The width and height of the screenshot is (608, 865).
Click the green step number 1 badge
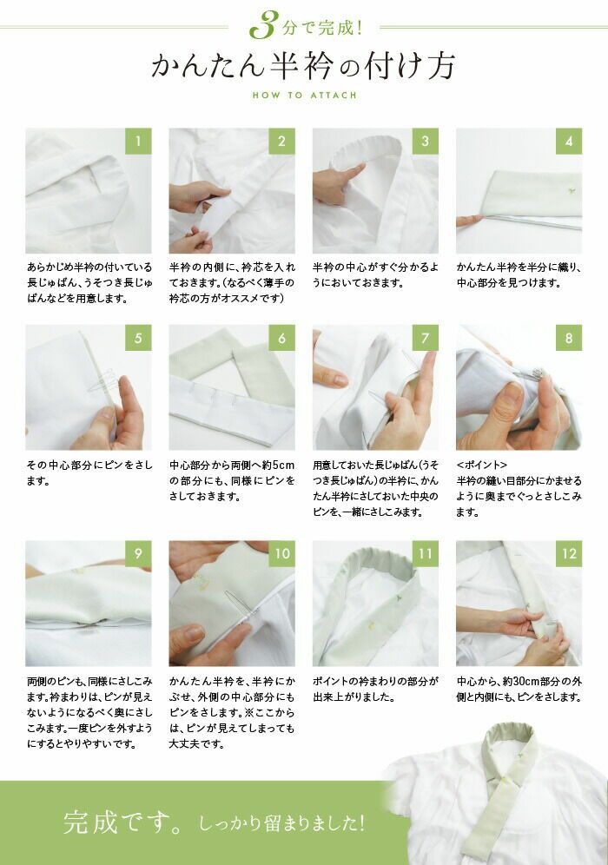tap(138, 141)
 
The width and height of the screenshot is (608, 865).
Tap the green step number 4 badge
tap(569, 141)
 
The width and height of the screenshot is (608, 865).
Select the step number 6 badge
tap(282, 338)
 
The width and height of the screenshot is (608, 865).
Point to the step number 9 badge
tap(138, 553)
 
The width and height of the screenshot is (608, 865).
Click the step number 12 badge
tap(569, 553)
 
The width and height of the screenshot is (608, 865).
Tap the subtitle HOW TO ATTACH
tap(303, 95)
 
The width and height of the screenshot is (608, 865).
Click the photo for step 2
tap(232, 191)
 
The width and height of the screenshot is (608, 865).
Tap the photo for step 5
tap(88, 387)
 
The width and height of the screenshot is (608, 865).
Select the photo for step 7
tap(375, 387)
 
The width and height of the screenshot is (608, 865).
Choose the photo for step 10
tap(232, 603)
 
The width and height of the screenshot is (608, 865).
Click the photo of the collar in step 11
tap(375, 603)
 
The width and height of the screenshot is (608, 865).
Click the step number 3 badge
tap(426, 141)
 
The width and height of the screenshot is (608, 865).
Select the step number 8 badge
tap(569, 338)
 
